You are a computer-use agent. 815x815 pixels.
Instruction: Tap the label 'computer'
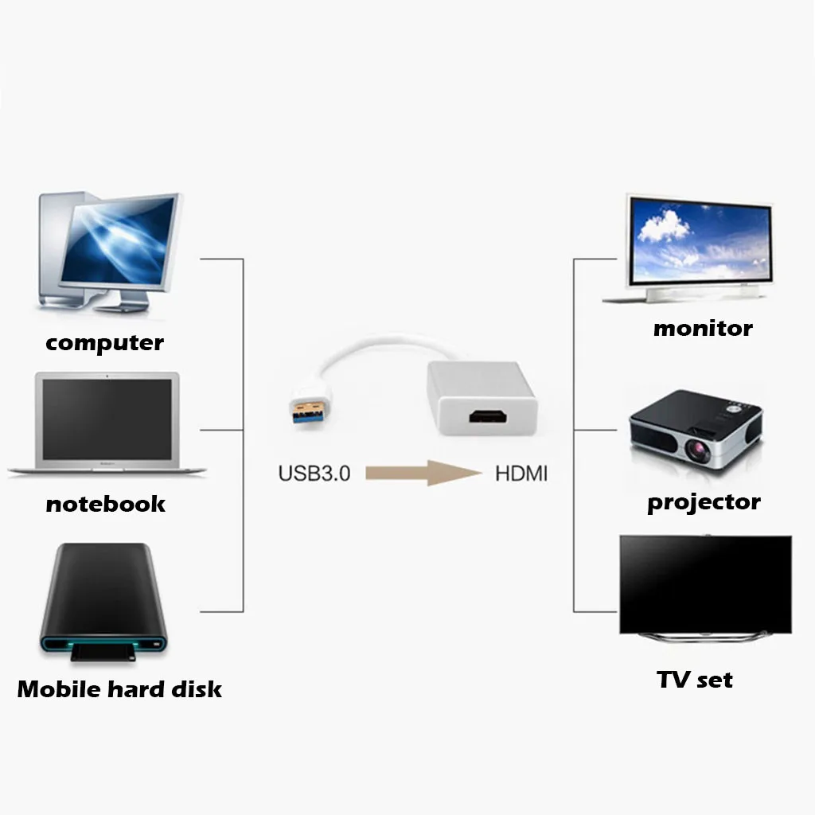[104, 343]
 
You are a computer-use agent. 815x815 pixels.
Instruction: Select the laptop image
[107, 426]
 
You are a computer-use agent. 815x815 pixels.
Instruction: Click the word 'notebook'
[105, 504]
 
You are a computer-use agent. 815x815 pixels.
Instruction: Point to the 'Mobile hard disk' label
[119, 688]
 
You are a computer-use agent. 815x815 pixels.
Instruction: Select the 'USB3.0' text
[314, 474]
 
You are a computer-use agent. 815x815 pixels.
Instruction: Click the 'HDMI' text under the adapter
[521, 474]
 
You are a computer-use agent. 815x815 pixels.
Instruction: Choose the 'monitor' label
[702, 328]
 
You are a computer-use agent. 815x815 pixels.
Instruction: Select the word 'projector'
[704, 503]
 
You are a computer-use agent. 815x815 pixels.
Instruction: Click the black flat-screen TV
[705, 583]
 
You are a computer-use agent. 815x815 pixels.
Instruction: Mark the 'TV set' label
[694, 680]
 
